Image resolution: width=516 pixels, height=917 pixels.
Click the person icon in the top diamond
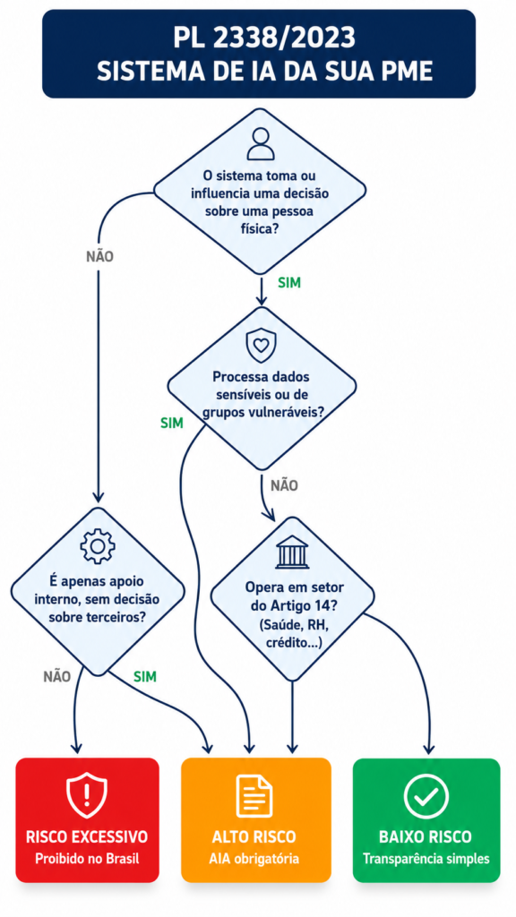pyautogui.click(x=261, y=144)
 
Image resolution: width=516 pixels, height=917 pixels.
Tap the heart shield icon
pyautogui.click(x=261, y=346)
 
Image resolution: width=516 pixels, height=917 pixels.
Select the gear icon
pyautogui.click(x=97, y=545)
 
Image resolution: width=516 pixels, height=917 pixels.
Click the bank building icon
pyautogui.click(x=292, y=553)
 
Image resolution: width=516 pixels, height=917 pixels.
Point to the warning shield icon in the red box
pyautogui.click(x=87, y=795)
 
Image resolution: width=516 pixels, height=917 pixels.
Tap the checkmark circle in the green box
pyautogui.click(x=426, y=796)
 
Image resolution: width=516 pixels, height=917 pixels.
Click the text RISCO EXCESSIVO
pyautogui.click(x=87, y=837)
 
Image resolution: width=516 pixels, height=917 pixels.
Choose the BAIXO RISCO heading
pyautogui.click(x=426, y=837)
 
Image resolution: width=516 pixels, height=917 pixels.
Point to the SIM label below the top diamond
pyautogui.click(x=289, y=283)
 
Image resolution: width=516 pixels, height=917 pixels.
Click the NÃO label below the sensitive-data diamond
pyautogui.click(x=284, y=485)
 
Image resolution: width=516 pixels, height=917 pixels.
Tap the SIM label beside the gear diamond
pyautogui.click(x=145, y=677)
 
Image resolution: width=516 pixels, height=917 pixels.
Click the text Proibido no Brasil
pyautogui.click(x=87, y=860)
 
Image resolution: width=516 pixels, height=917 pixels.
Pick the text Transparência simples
pyautogui.click(x=426, y=860)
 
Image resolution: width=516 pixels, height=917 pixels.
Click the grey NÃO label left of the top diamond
pyautogui.click(x=99, y=256)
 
